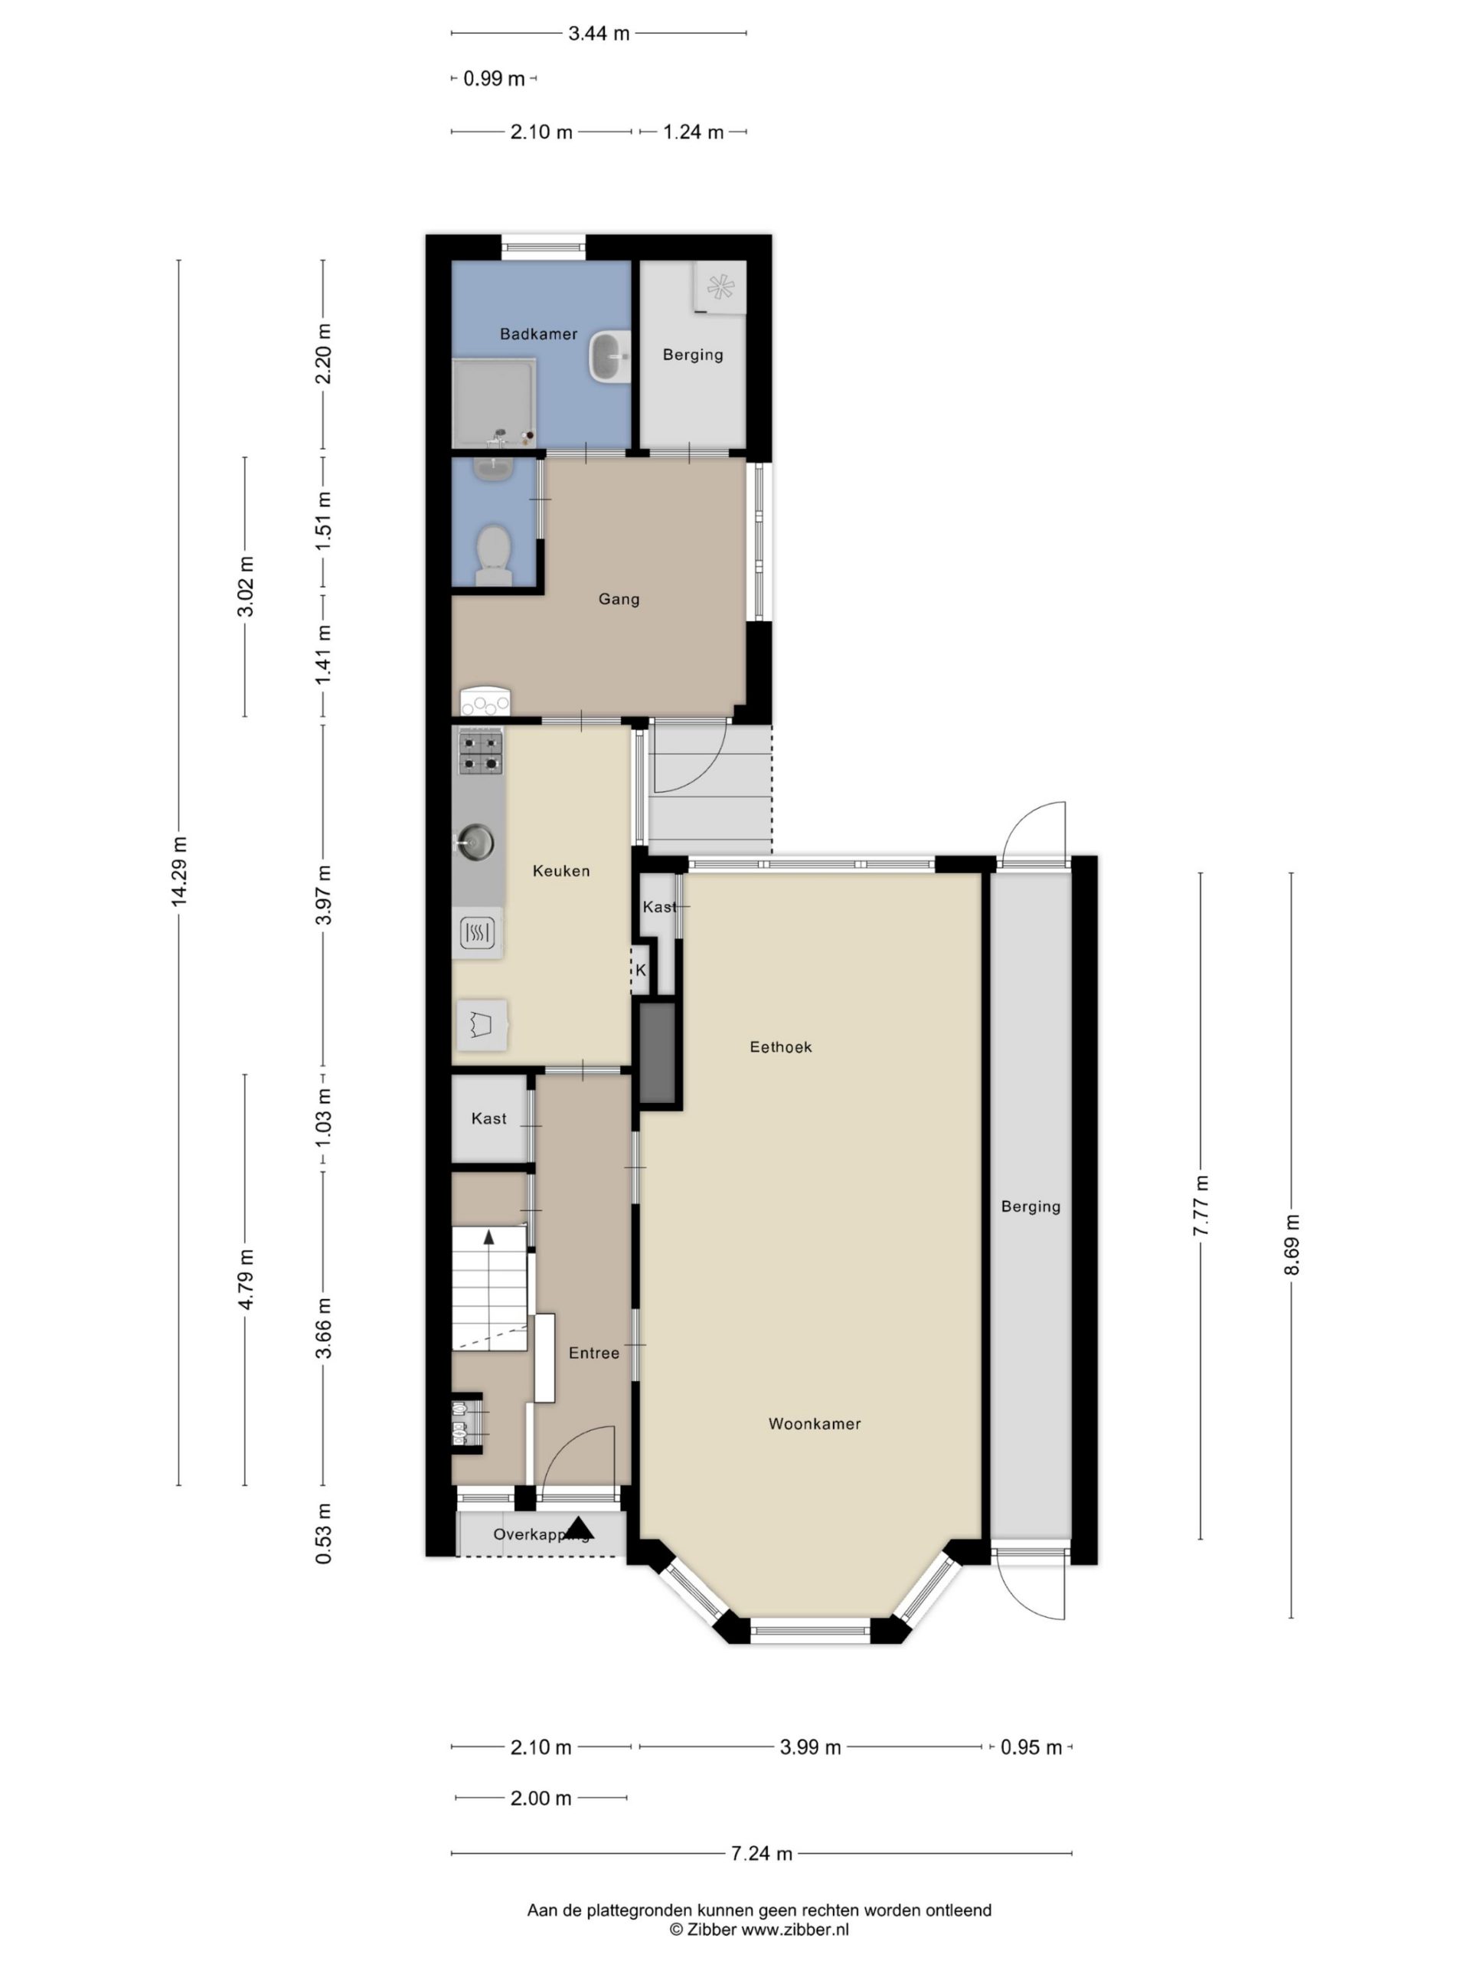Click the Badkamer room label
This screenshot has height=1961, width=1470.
[537, 334]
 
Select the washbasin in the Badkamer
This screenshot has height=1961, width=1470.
[609, 356]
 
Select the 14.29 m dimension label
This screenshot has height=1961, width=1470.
[179, 870]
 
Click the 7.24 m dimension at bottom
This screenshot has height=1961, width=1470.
[761, 1853]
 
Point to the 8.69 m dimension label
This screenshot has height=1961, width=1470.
[1291, 1245]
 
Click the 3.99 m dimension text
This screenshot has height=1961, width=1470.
[810, 1747]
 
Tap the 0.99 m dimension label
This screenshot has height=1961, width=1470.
[495, 78]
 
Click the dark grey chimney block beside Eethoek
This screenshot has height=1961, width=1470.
[658, 1053]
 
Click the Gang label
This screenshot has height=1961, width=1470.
[619, 599]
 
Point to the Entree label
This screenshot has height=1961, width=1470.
[593, 1353]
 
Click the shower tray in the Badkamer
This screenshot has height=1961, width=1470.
[495, 404]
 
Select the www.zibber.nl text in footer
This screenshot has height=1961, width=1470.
[794, 1929]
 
